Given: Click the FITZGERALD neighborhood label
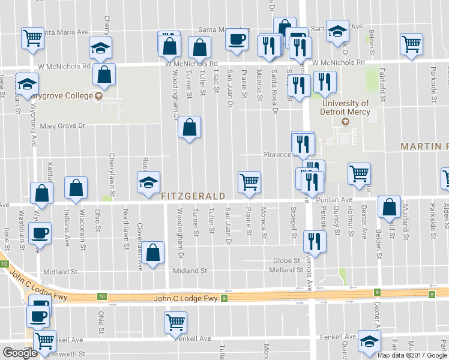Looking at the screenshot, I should [x=193, y=196].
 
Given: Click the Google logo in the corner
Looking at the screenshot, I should [x=20, y=352].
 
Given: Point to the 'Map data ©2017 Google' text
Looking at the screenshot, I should [x=412, y=355].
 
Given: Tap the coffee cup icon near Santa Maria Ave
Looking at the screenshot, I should [x=236, y=40].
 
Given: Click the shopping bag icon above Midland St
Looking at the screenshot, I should [x=154, y=253].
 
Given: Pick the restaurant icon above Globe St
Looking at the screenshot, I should [x=315, y=241].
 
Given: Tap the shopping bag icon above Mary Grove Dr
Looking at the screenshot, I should [x=189, y=127].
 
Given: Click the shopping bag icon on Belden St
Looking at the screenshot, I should [x=389, y=206].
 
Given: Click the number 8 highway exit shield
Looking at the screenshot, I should [x=432, y=293].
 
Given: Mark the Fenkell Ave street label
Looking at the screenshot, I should [x=193, y=338].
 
